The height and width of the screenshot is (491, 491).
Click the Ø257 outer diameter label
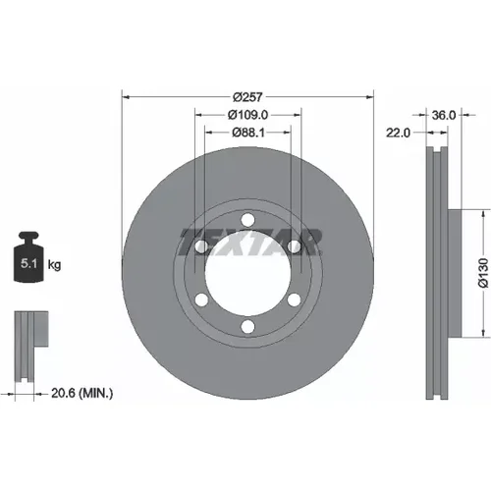(x=247, y=97)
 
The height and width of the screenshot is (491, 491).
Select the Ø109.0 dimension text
(x=247, y=115)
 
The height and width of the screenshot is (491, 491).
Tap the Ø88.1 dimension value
(x=248, y=133)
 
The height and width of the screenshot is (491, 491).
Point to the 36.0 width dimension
(x=444, y=115)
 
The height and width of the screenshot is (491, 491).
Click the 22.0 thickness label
(x=398, y=133)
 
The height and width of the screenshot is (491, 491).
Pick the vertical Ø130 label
(x=483, y=273)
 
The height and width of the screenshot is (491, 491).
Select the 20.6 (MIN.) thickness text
(x=82, y=393)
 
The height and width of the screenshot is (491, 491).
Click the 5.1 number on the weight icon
(x=28, y=263)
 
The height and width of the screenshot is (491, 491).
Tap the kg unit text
(x=54, y=264)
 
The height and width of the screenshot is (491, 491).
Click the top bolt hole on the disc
(x=247, y=220)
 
